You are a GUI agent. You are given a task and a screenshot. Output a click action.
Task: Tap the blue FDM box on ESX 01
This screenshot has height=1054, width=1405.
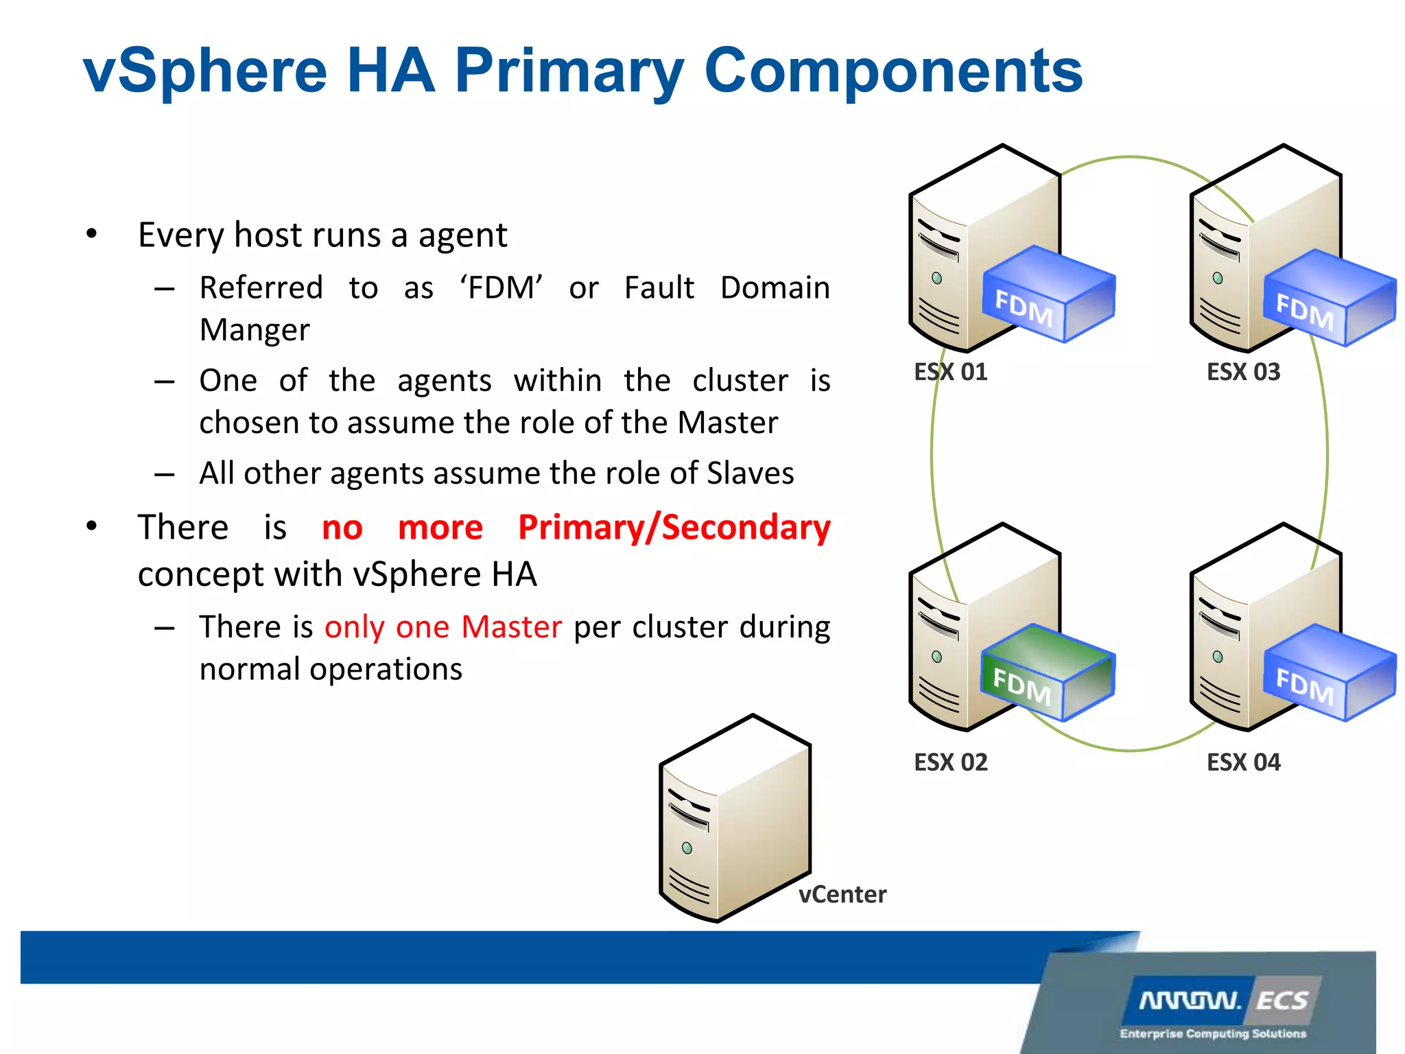click(x=1048, y=294)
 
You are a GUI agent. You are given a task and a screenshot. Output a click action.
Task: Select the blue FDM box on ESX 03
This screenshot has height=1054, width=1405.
click(x=1329, y=298)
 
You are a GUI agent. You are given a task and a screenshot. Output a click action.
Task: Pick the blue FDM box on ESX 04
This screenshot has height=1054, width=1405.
click(x=1329, y=673)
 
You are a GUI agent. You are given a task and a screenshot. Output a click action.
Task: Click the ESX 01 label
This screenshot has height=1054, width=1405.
click(x=951, y=372)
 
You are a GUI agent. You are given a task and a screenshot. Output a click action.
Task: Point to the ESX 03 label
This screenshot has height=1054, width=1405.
click(x=1243, y=372)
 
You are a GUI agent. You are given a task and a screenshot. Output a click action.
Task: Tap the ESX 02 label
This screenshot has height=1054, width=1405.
click(x=951, y=762)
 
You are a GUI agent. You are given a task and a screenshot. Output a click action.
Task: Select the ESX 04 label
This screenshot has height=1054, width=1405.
click(x=1243, y=762)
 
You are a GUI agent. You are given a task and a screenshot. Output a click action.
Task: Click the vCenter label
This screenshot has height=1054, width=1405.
click(x=842, y=895)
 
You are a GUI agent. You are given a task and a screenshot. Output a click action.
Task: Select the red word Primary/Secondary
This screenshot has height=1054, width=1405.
click(x=674, y=528)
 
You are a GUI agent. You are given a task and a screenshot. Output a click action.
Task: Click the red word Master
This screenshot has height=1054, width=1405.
click(x=512, y=627)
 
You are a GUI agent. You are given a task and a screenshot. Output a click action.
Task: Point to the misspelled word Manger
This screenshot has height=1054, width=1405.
click(x=255, y=330)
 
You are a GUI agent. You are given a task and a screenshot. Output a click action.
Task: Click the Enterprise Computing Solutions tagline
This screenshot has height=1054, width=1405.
click(x=1213, y=1033)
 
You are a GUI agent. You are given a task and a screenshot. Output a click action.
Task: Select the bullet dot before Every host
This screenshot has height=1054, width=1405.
click(x=92, y=235)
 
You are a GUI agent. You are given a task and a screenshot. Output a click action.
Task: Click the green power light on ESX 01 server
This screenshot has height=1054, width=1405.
click(x=937, y=278)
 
